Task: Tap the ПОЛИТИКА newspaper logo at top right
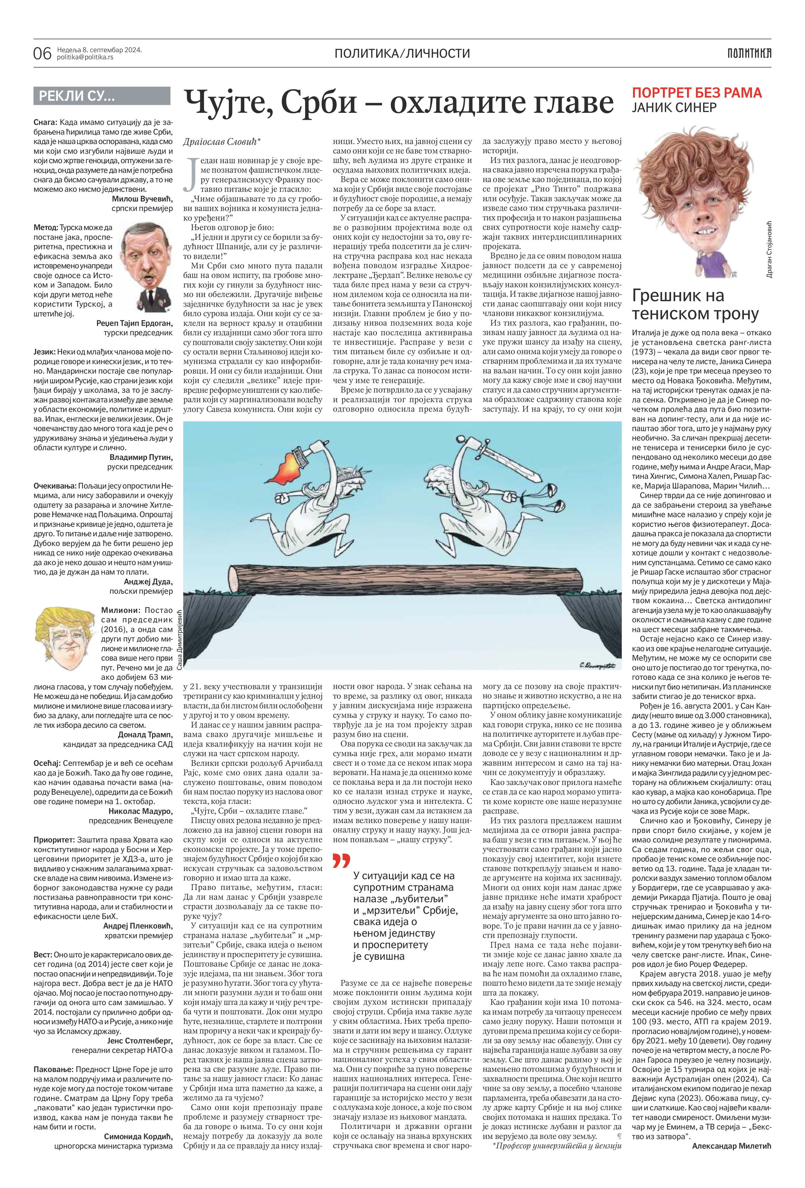click(x=749, y=53)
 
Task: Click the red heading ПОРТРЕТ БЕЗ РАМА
click(x=697, y=93)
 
